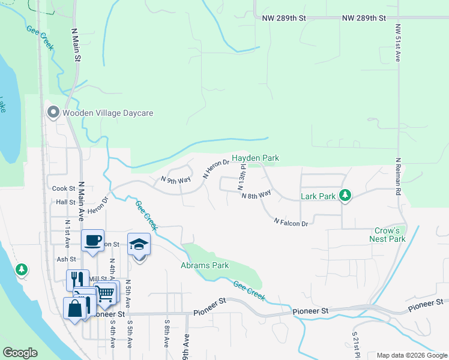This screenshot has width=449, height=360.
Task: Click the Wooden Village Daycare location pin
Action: (x=53, y=113)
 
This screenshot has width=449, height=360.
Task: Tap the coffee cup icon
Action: (x=92, y=241)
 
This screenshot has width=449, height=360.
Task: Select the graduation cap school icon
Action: (x=139, y=244)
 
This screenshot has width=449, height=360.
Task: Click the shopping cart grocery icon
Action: (x=106, y=293)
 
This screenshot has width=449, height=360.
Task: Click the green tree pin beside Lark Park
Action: (x=345, y=195)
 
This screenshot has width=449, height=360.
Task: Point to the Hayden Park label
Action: (x=256, y=158)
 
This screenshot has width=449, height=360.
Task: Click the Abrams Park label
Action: (x=205, y=265)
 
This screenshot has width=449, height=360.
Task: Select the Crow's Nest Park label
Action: (x=388, y=235)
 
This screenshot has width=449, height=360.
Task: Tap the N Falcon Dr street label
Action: (x=291, y=223)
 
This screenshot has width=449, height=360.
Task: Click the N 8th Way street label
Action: (x=256, y=194)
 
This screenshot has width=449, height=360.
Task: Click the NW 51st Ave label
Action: (x=397, y=44)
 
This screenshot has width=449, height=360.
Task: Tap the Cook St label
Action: (x=63, y=188)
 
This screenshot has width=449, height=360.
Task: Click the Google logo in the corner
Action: (x=20, y=352)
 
